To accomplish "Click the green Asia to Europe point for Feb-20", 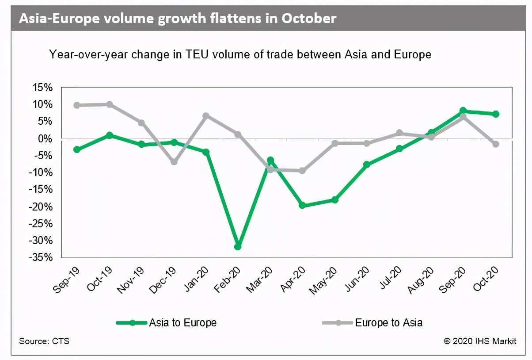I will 238,246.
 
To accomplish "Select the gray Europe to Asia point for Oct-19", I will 109,104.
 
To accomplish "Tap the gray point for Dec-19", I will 174,162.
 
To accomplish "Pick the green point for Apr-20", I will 302,205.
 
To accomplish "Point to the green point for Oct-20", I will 496,114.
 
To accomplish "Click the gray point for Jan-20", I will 206,116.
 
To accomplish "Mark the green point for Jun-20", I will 367,165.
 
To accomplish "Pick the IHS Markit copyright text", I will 480,341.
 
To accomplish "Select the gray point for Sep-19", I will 77,105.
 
